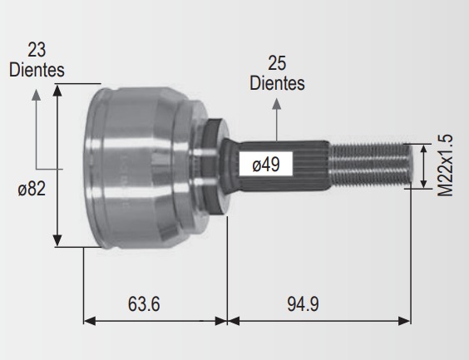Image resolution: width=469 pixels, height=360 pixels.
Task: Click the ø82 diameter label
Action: point(32,189)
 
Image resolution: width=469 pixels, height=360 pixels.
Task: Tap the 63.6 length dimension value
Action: point(144,303)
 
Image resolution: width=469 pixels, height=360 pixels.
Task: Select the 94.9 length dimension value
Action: point(303,303)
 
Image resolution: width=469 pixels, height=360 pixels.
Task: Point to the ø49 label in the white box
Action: point(266,164)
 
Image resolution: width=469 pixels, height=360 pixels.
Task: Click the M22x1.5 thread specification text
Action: point(446,165)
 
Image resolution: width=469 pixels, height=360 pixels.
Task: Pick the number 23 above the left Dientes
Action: point(37,50)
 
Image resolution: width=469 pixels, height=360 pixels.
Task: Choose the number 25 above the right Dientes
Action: point(277,63)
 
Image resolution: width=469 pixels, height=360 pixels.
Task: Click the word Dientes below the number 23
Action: point(37,70)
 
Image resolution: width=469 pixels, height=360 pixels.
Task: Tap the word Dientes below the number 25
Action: point(277,83)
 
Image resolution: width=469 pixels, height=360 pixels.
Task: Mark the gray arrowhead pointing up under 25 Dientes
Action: point(277,103)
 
